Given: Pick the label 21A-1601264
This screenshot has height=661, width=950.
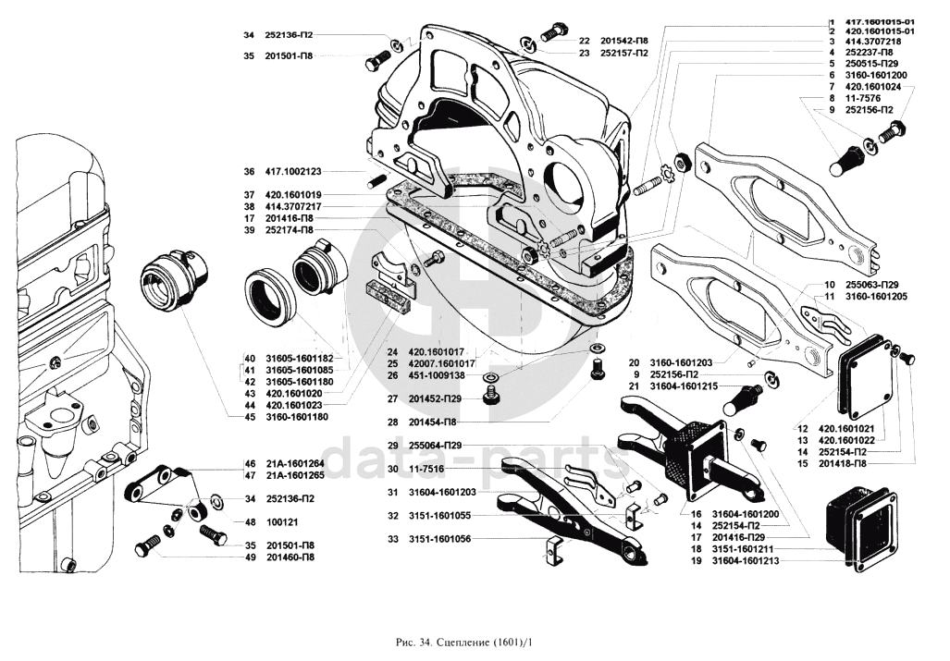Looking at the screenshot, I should (x=297, y=463).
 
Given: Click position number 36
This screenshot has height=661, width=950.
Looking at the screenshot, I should (x=249, y=172).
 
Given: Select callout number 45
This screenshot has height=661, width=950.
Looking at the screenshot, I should (x=249, y=416).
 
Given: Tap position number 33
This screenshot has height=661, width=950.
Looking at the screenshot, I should (x=393, y=538).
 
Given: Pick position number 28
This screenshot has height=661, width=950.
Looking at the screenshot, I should (x=393, y=422).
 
